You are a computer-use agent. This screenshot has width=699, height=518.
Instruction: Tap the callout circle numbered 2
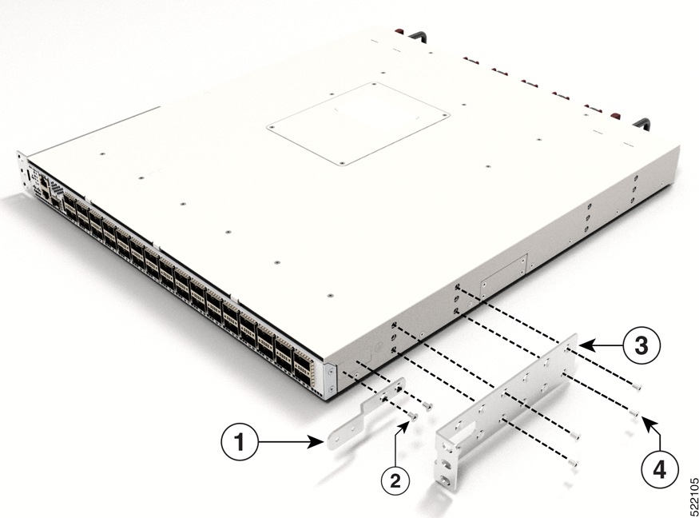(x=395, y=480)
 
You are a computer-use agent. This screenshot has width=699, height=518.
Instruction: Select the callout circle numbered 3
(x=643, y=346)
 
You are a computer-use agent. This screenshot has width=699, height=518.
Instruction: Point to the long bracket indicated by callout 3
(x=511, y=400)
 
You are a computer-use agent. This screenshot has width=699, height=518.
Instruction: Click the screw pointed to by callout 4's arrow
(x=633, y=413)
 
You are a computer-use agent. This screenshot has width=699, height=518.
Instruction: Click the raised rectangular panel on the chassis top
(x=357, y=123)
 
